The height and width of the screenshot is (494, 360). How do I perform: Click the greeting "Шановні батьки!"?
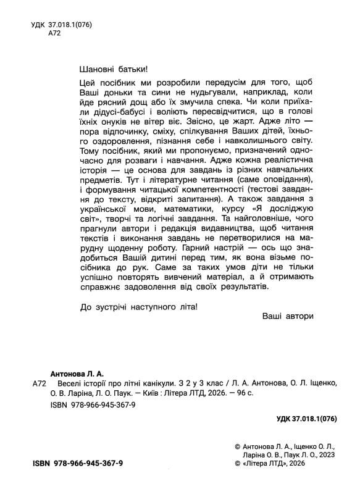(115, 69)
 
